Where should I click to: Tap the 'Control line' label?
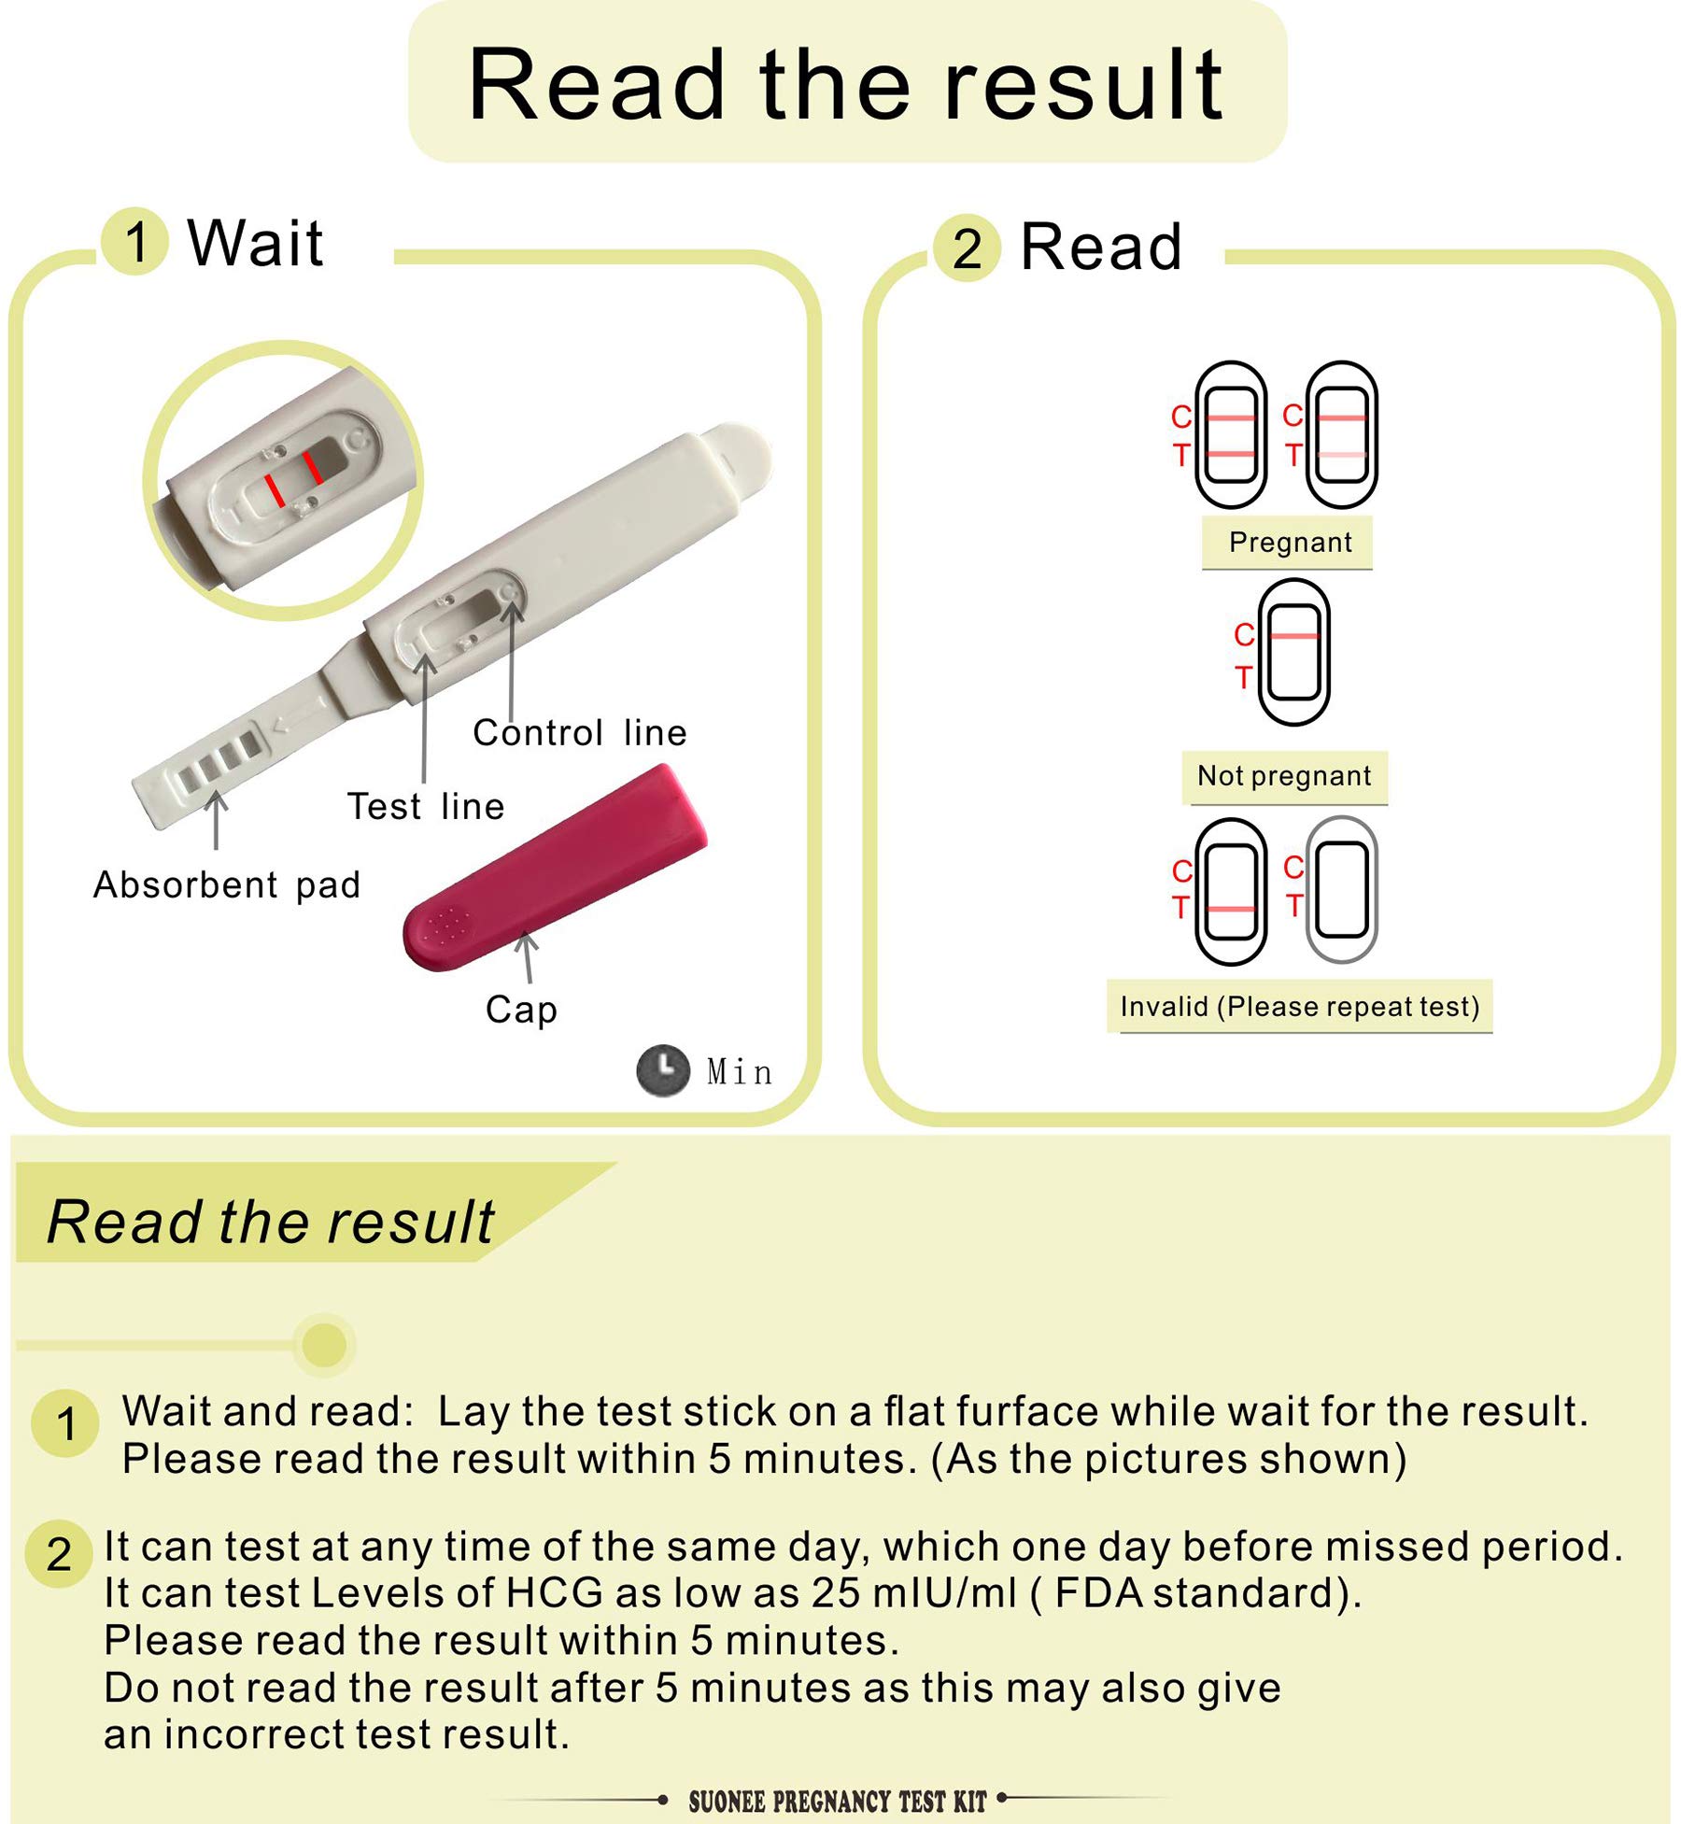click(x=579, y=732)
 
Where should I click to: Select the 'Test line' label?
click(x=426, y=807)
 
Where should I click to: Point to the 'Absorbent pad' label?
click(x=227, y=884)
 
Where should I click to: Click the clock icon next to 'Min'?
click(x=663, y=1070)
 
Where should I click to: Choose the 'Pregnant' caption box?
click(x=1289, y=543)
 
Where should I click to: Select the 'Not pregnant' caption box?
click(x=1284, y=776)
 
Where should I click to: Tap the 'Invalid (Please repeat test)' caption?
click(x=1300, y=1007)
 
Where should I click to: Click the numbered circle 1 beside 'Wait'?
click(x=135, y=241)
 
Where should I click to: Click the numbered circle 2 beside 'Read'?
click(x=968, y=248)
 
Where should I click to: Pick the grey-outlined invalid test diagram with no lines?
click(x=1341, y=890)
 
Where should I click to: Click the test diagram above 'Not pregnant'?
click(x=1294, y=652)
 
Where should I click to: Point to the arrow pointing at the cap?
click(x=528, y=957)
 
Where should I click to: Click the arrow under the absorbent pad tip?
click(x=216, y=820)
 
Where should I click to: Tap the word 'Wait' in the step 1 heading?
click(x=255, y=243)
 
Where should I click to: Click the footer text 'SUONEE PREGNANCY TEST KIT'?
click(x=837, y=1802)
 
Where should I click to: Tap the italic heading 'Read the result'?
click(x=271, y=1222)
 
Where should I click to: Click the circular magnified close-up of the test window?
click(x=283, y=480)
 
